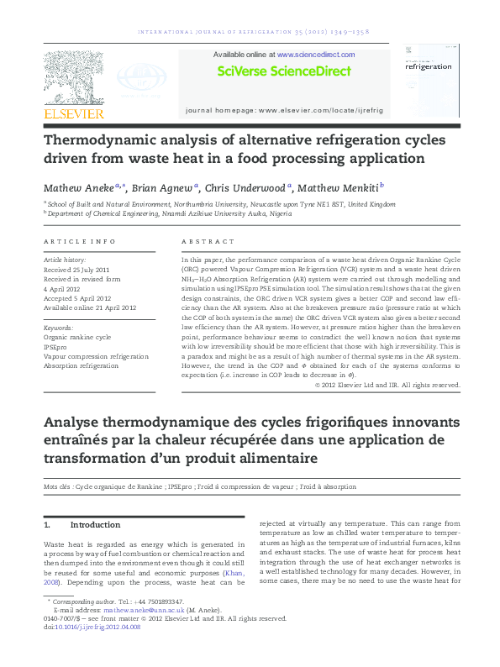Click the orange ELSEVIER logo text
[74, 113]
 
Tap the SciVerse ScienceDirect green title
[284, 71]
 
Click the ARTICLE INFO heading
[80, 242]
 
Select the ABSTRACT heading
[203, 242]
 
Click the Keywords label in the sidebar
[58, 328]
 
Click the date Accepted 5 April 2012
[77, 298]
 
